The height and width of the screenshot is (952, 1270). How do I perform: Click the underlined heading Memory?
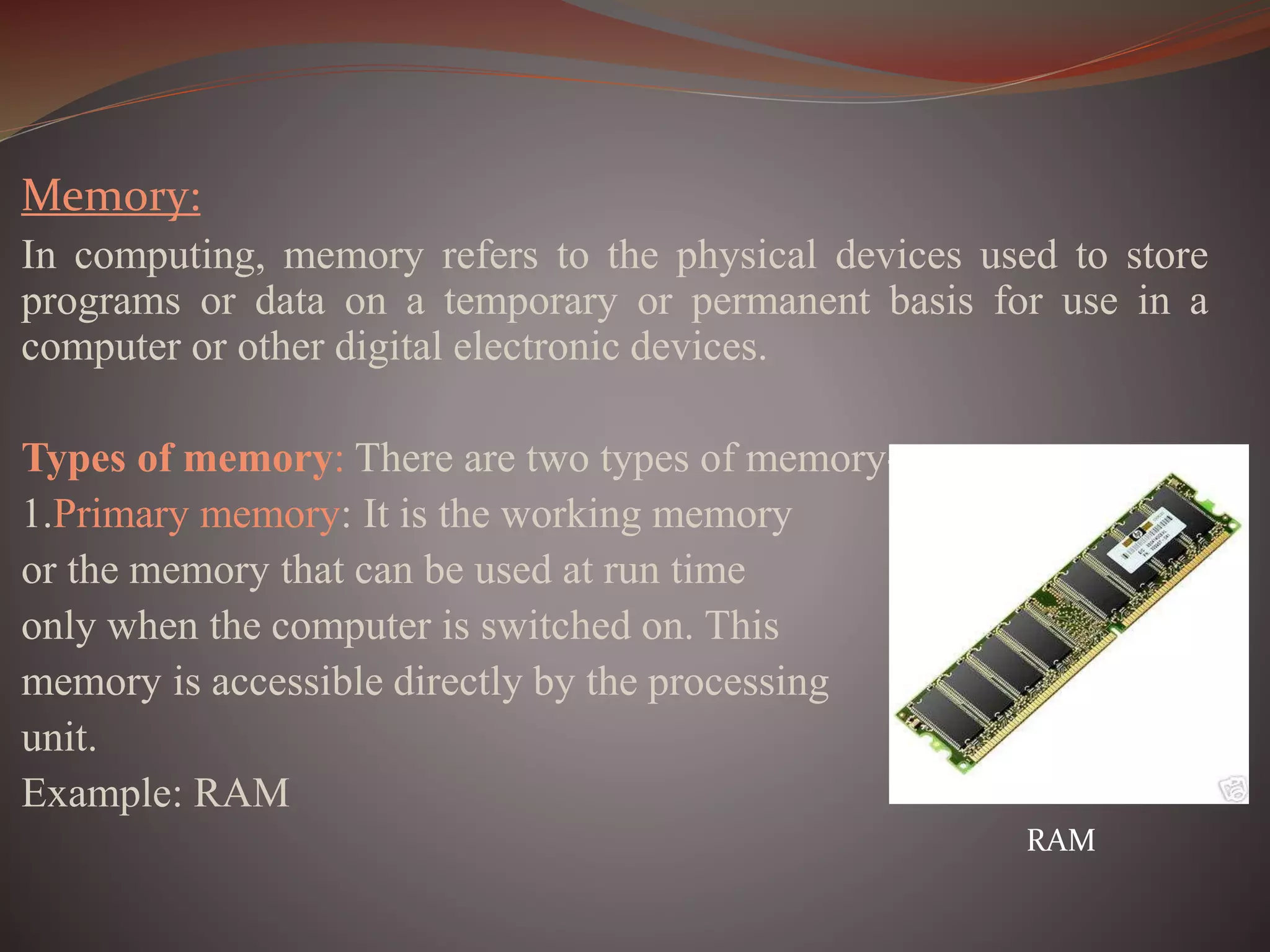(111, 196)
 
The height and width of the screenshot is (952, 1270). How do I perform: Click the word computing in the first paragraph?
(169, 255)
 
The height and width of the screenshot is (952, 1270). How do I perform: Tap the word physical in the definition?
(745, 255)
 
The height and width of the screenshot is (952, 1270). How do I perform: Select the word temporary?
(530, 302)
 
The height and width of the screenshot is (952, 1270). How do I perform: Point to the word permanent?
(780, 302)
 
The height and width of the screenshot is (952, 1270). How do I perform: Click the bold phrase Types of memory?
(177, 459)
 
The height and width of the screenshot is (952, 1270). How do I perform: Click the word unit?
(59, 738)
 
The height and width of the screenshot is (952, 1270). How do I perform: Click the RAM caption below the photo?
(1060, 841)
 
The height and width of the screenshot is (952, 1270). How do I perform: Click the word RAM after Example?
(242, 793)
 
